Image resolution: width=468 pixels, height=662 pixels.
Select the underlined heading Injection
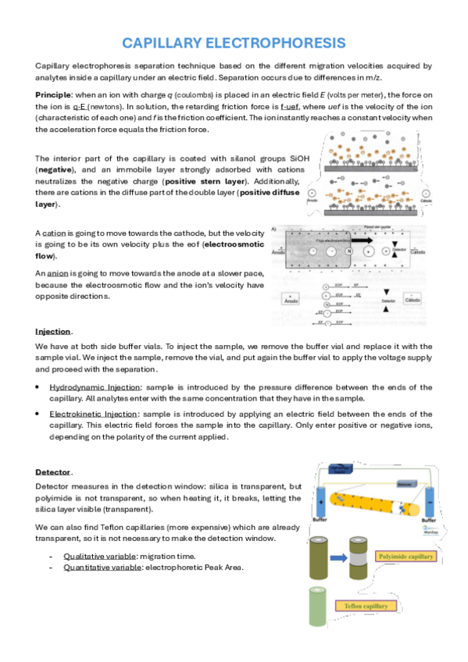tap(52, 332)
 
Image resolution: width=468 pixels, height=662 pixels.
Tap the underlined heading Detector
tap(53, 472)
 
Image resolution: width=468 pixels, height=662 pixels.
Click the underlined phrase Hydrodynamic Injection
tap(88, 387)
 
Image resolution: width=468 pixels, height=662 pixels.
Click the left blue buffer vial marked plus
tap(320, 500)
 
